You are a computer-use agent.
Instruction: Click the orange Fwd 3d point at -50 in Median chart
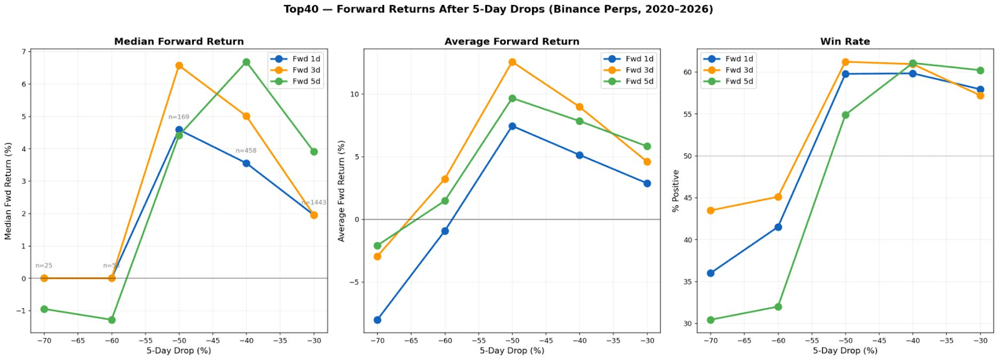179,66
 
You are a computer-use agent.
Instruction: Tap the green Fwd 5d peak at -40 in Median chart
246,62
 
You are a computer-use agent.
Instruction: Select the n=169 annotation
178,117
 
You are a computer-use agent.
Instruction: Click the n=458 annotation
246,150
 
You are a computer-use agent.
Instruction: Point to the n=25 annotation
44,265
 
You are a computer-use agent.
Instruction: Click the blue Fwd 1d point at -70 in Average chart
377,320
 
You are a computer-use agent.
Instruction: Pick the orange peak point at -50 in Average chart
512,62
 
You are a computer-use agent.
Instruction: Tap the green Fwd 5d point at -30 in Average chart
647,147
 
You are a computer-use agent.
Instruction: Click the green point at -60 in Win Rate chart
778,307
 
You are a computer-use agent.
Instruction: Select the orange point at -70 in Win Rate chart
710,211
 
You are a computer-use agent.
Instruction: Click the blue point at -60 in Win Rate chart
778,227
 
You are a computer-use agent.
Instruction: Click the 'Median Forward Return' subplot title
179,41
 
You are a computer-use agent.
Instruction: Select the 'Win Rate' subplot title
845,41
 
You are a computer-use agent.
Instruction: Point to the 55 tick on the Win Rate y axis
687,114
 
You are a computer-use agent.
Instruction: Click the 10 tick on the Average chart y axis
354,94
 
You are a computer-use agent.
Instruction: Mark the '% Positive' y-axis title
676,191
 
